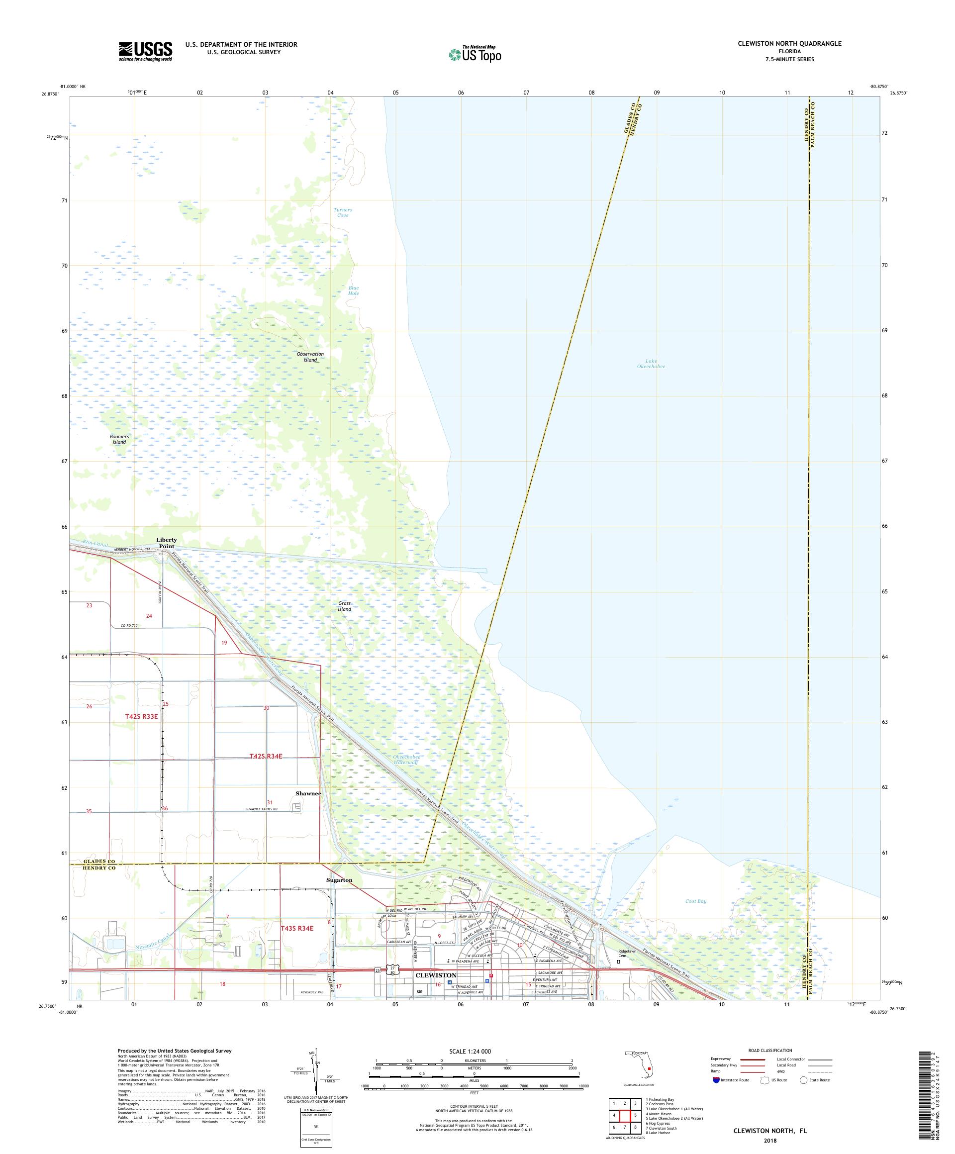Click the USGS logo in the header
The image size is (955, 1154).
(x=146, y=51)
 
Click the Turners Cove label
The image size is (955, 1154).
(x=342, y=212)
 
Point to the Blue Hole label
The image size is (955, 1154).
(x=353, y=290)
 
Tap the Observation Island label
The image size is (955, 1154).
(x=310, y=357)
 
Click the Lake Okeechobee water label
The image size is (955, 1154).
(x=651, y=364)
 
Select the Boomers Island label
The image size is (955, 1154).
(x=119, y=439)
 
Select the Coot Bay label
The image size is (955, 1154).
(x=696, y=901)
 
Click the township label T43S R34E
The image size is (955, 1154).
(x=297, y=928)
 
